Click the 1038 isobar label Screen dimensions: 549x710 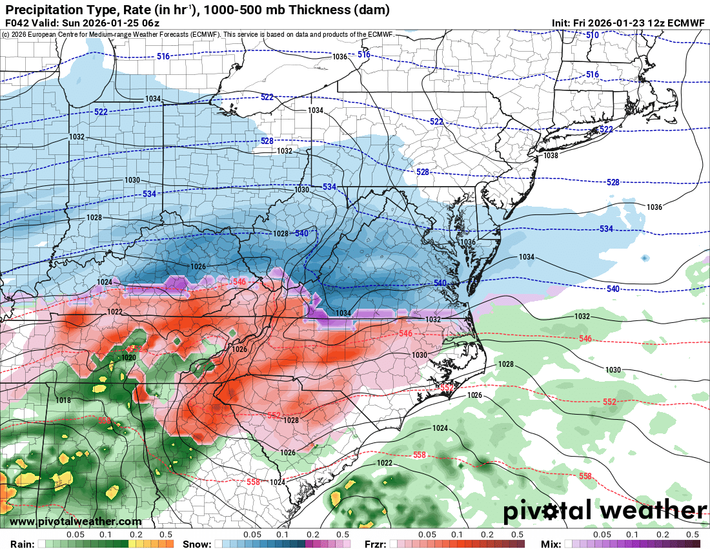pyautogui.click(x=551, y=156)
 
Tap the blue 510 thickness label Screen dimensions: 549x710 pyautogui.click(x=592, y=34)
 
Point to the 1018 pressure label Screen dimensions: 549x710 pyautogui.click(x=63, y=400)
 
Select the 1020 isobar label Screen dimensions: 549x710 pyautogui.click(x=128, y=357)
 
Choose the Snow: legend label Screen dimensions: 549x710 pyautogui.click(x=197, y=544)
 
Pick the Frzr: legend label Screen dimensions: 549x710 pyautogui.click(x=376, y=544)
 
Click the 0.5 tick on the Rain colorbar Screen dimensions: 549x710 pyautogui.click(x=167, y=535)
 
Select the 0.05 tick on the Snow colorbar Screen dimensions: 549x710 pyautogui.click(x=252, y=535)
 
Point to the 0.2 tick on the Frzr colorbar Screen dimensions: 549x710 pyautogui.click(x=487, y=535)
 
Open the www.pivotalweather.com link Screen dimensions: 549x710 pyautogui.click(x=76, y=521)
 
